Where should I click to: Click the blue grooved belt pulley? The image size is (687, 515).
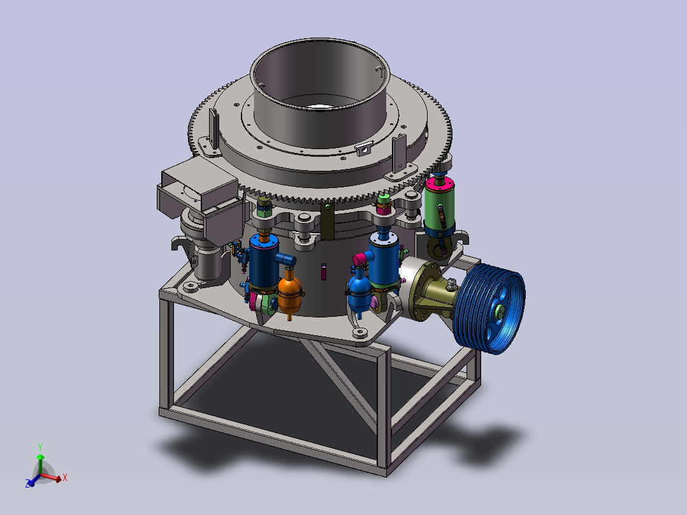489,308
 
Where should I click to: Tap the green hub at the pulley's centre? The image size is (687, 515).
500,312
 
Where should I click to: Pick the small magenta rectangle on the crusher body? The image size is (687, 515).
323,272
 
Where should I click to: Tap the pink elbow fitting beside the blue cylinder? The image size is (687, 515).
362,259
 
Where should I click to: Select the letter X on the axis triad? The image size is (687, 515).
65,477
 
